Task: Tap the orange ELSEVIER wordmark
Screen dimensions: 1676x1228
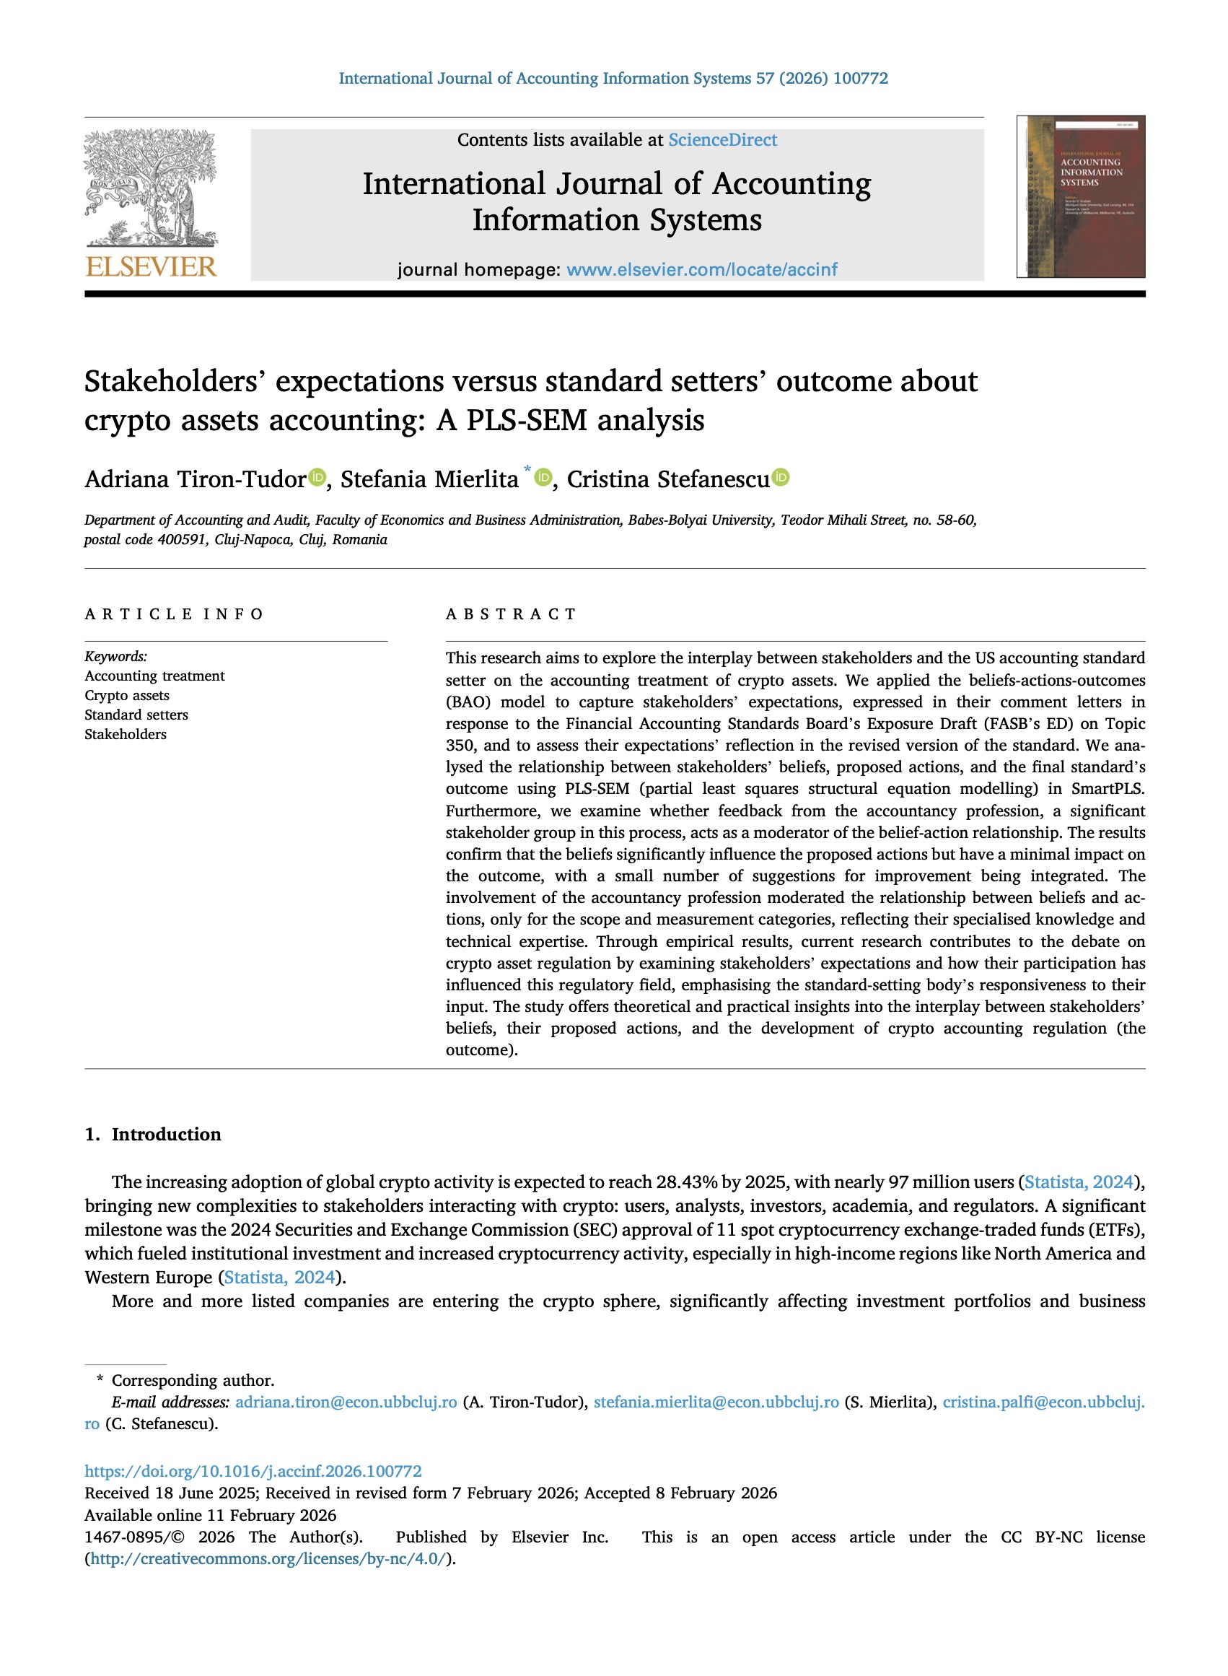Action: point(151,267)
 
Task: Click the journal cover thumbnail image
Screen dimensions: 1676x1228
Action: point(1081,197)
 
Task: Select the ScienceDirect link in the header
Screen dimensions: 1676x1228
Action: point(722,140)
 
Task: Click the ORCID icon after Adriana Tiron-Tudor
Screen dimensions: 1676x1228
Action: point(317,477)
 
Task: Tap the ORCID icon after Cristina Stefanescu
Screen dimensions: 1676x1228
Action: point(781,477)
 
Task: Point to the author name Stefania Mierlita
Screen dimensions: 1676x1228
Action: point(429,479)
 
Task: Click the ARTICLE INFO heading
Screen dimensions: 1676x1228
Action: point(174,614)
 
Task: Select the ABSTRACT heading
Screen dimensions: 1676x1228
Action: point(511,614)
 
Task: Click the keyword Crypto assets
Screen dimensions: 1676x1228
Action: point(127,695)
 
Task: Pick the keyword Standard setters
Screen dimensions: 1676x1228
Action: point(136,715)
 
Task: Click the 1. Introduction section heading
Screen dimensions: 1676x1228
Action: point(153,1134)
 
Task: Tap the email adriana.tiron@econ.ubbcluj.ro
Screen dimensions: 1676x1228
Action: point(346,1402)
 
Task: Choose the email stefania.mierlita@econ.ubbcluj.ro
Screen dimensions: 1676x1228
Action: point(716,1402)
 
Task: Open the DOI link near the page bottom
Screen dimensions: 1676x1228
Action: point(253,1471)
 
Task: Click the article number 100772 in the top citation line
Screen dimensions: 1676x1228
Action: point(860,79)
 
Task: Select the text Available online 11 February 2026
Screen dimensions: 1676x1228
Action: point(211,1514)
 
